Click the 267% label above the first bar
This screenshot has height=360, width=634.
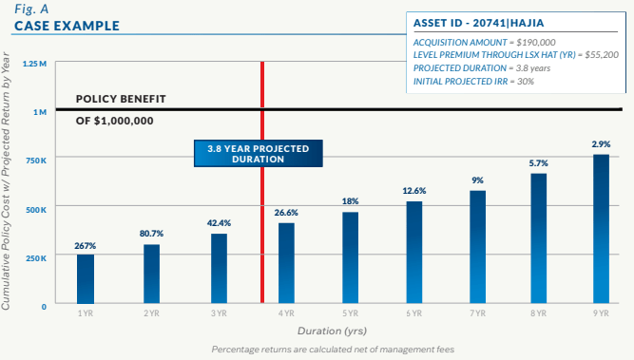pyautogui.click(x=86, y=245)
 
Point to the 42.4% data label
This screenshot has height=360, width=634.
pyautogui.click(x=220, y=223)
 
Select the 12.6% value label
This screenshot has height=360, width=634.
pyautogui.click(x=414, y=191)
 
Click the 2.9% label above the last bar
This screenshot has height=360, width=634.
pyautogui.click(x=601, y=143)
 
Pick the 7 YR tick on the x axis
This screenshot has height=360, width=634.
pyautogui.click(x=477, y=313)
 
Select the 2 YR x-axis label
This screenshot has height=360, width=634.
pyautogui.click(x=152, y=313)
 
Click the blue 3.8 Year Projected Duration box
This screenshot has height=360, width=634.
pyautogui.click(x=258, y=154)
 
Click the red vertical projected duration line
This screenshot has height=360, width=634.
pyautogui.click(x=262, y=237)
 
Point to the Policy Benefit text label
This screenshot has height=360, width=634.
pyautogui.click(x=121, y=99)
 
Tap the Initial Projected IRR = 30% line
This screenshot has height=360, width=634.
pyautogui.click(x=473, y=82)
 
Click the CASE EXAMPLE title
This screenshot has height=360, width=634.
pyautogui.click(x=67, y=26)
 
